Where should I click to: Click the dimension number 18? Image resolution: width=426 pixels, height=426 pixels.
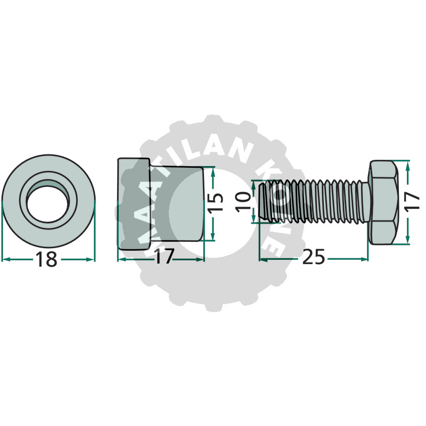46,259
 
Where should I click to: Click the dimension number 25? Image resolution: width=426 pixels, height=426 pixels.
313,257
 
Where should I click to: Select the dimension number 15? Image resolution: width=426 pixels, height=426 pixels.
217,202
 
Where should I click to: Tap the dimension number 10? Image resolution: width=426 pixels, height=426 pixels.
243,202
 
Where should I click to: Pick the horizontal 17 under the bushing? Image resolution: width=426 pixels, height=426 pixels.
163,257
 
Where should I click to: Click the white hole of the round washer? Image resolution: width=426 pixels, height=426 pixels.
47,204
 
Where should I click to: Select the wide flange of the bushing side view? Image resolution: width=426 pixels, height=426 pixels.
134,204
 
